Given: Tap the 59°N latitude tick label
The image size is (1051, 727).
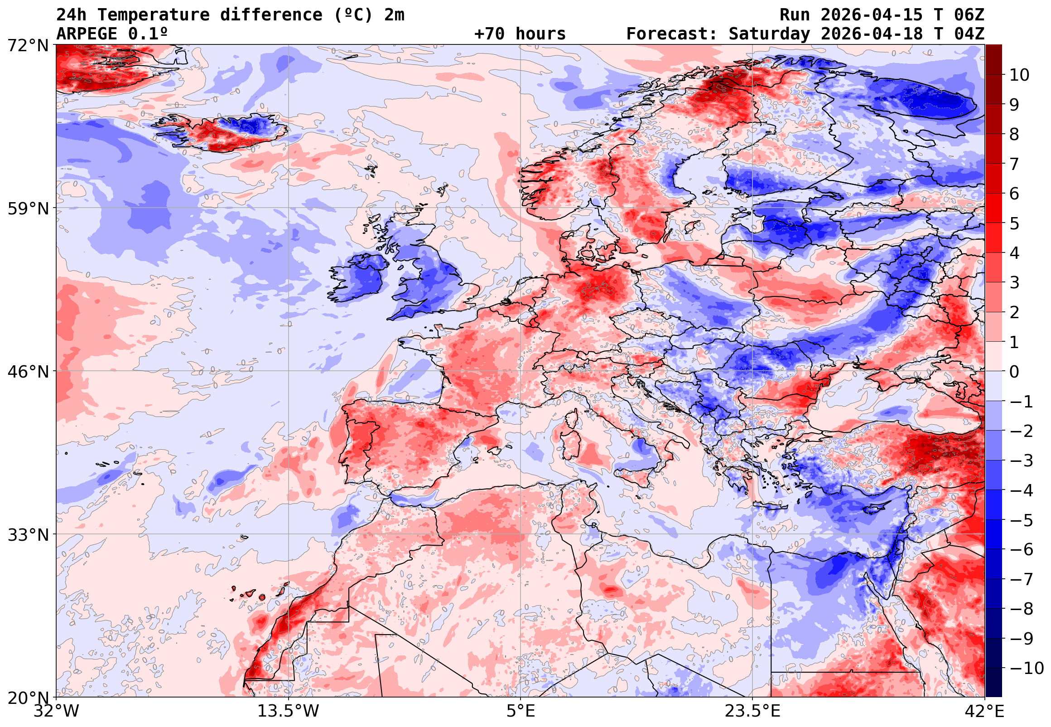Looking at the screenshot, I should click(x=28, y=208).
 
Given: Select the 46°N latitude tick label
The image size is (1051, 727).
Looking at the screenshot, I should click(x=28, y=372).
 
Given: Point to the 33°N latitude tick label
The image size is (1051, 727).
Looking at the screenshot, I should click(x=28, y=535).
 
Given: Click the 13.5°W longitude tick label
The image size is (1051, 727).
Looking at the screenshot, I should click(x=289, y=711).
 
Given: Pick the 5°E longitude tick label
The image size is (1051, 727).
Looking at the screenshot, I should click(x=521, y=711).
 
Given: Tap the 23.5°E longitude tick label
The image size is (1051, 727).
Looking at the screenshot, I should click(x=752, y=711).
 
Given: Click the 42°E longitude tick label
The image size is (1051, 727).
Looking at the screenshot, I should click(x=984, y=711).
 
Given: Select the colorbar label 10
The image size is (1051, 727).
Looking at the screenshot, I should click(x=1019, y=75).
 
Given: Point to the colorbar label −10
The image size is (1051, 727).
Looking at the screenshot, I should click(x=1027, y=668).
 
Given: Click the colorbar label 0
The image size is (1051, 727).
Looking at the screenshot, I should click(x=1014, y=372).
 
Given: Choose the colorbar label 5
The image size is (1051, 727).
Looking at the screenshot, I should click(x=1014, y=223).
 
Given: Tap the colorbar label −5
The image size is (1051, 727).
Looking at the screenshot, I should click(x=1022, y=520).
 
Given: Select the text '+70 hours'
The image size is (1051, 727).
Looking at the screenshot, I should click(x=520, y=34).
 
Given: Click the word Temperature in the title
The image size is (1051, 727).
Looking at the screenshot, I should click(x=154, y=15).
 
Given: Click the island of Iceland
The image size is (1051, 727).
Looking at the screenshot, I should click(x=223, y=132).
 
